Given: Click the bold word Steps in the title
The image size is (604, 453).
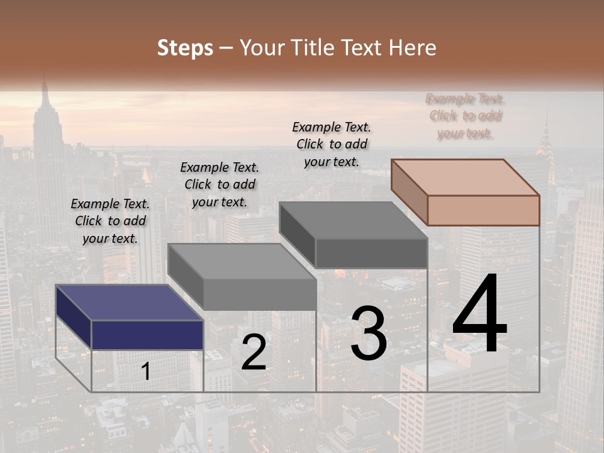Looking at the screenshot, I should (x=185, y=48).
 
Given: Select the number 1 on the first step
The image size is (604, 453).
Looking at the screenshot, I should (x=146, y=372).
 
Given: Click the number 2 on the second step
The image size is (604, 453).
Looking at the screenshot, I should (x=254, y=353).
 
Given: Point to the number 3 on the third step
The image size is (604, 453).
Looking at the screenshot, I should (x=369, y=333).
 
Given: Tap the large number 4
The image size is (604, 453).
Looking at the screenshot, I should (x=480, y=315).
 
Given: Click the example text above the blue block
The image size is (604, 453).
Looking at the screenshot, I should (x=110, y=221).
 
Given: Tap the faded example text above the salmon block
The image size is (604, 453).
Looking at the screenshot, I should (x=466, y=116).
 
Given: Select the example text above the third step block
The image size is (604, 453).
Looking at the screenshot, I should (x=332, y=144).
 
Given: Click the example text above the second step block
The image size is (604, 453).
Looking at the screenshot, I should (x=220, y=184).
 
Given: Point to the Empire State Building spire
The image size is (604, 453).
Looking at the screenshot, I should (x=45, y=94).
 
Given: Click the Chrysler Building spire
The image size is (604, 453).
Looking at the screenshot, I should (x=545, y=135).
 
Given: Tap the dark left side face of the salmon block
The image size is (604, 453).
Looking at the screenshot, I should (x=410, y=192).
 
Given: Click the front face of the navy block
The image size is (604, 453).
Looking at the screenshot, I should (x=147, y=335).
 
